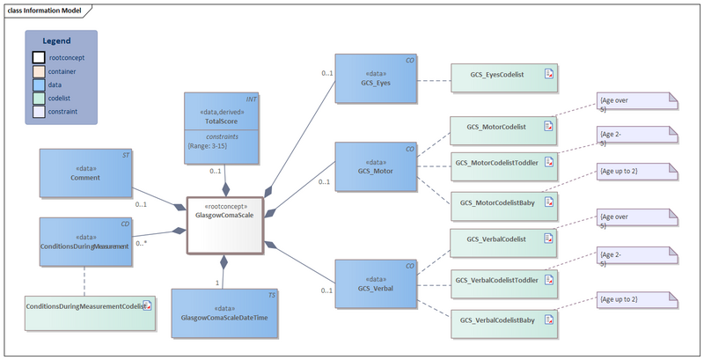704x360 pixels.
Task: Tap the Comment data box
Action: (86, 173)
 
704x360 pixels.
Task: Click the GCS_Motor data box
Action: (376, 166)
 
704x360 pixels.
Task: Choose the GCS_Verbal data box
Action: (376, 283)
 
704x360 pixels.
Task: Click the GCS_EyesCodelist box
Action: (503, 77)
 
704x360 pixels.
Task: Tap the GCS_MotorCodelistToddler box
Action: (503, 164)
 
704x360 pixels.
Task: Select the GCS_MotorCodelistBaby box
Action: (503, 203)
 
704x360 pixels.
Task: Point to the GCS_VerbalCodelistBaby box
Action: (503, 320)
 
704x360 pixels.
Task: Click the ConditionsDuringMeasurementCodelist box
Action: (89, 306)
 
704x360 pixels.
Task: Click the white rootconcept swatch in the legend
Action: (39, 57)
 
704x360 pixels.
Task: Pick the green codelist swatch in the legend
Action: (39, 99)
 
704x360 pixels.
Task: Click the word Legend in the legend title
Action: (62, 40)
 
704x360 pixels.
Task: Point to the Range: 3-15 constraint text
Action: (211, 146)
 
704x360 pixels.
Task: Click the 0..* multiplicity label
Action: (142, 243)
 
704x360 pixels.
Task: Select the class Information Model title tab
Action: (48, 10)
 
